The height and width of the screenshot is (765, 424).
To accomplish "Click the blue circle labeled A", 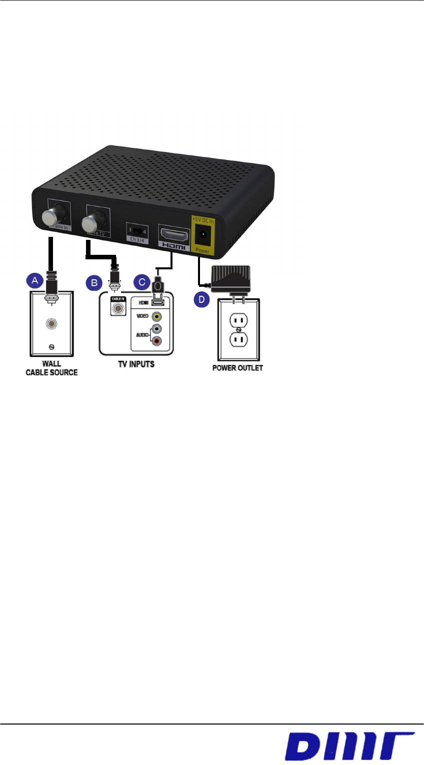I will [35, 281].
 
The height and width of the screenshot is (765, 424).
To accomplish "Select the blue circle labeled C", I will [142, 282].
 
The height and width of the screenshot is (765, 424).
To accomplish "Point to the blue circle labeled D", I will [201, 300].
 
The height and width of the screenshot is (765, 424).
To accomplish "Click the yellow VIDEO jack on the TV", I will [157, 316].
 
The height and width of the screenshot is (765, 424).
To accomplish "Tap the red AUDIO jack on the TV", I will [157, 342].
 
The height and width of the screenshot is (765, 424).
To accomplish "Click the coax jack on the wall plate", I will [51, 323].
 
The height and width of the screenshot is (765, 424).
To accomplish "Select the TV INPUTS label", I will [136, 364].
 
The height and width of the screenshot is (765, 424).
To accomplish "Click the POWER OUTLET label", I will [237, 368].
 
